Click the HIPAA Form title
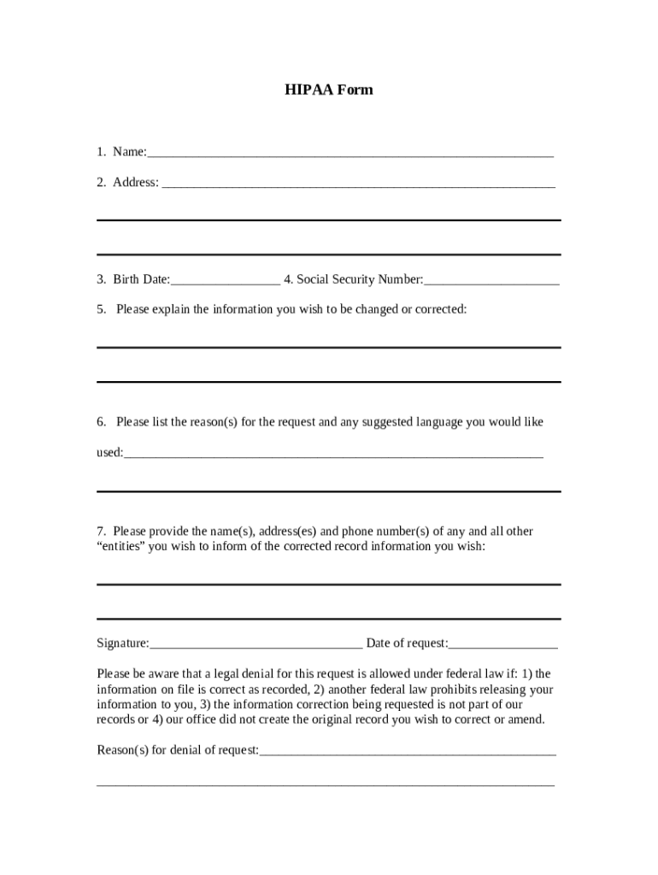click(x=329, y=90)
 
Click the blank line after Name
click(x=350, y=154)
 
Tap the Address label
click(x=135, y=182)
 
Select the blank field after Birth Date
click(x=225, y=281)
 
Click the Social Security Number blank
click(x=491, y=281)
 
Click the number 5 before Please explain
click(x=100, y=309)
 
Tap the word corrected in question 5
click(x=440, y=309)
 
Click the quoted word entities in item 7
click(x=120, y=547)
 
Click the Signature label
click(x=122, y=643)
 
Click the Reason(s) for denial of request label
click(x=178, y=750)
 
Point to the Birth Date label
click(x=141, y=279)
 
